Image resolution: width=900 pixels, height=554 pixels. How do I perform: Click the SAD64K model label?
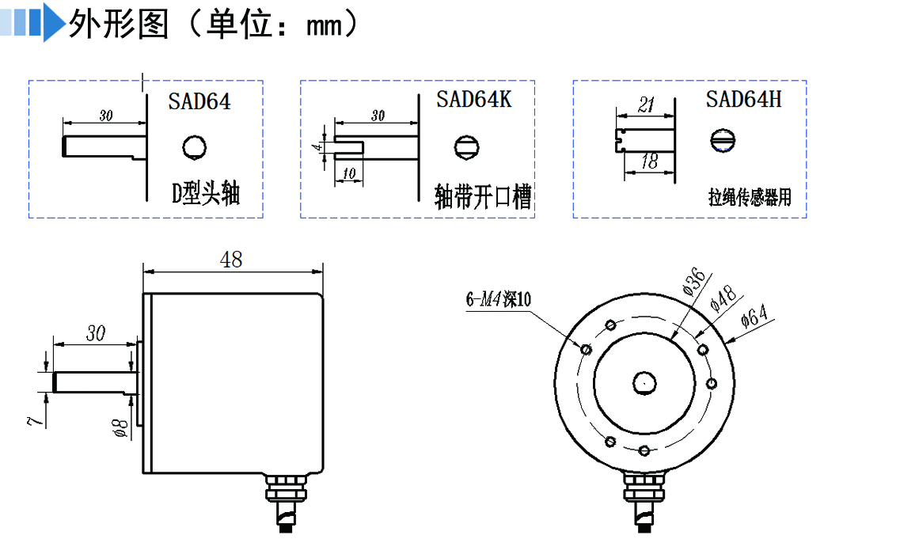pos(473,100)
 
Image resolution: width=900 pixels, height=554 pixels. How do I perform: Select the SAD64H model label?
pos(743,100)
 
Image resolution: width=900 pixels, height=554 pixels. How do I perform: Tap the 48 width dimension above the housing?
pos(232,260)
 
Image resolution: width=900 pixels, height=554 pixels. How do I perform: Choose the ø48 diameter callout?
pos(723,299)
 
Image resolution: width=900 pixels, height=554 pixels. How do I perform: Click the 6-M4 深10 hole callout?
pos(499,299)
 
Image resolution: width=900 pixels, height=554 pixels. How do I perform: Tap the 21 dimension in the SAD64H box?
pos(646,105)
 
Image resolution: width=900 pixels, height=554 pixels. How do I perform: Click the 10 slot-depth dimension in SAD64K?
pos(349,173)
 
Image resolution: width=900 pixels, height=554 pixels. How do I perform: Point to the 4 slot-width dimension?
pos(317,147)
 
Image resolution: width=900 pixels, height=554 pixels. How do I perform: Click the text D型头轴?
pos(206,193)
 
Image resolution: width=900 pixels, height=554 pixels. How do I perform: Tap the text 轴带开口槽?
pos(483,195)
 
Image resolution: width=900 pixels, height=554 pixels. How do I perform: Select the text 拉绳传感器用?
pos(749,197)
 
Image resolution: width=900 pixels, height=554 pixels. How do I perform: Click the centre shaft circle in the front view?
pos(644,383)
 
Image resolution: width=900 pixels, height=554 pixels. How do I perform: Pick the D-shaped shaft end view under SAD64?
pos(194,146)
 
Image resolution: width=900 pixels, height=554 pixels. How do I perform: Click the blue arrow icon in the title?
pos(51,24)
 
